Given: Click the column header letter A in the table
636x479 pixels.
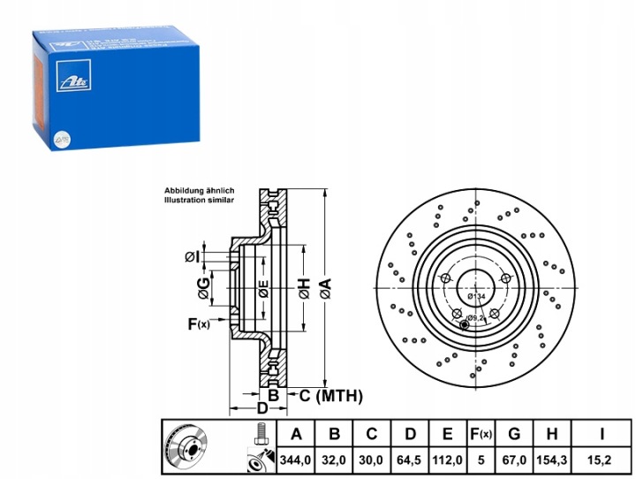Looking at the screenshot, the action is [297, 433].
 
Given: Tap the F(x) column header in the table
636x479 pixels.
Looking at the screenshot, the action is [481, 433].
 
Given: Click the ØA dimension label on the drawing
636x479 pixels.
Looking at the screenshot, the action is [324, 285].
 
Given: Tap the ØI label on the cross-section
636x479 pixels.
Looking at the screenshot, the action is [192, 256].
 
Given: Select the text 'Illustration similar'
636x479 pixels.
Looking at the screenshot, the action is [198, 201].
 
